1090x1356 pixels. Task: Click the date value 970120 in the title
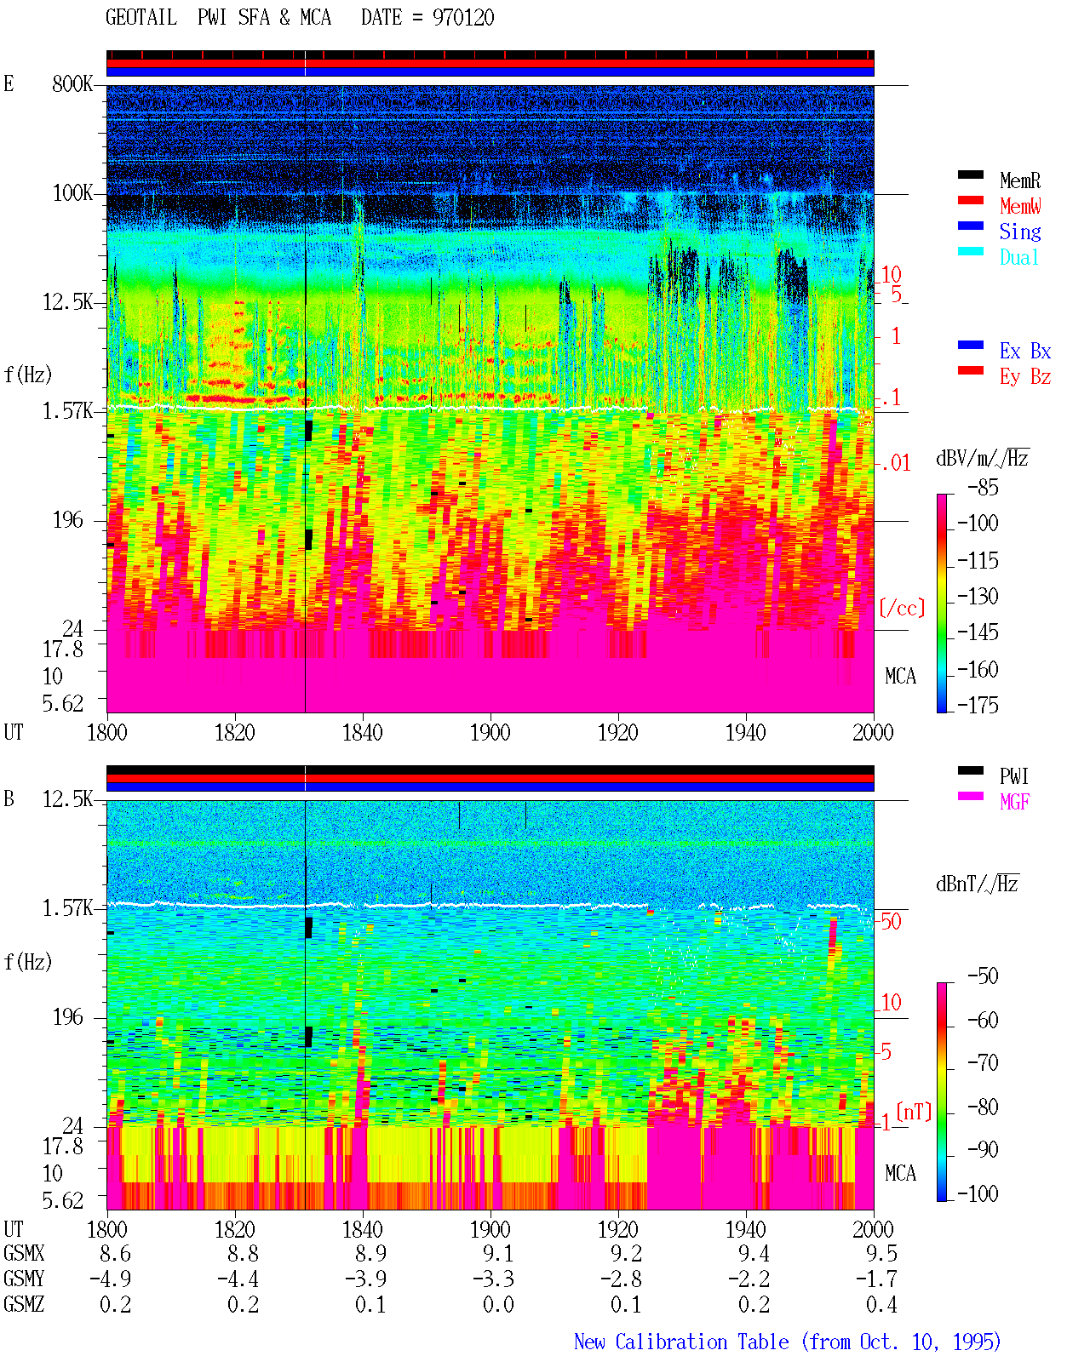[x=462, y=17]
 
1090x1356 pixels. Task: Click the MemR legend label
[x=1019, y=180]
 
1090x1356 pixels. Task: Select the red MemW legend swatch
[x=970, y=200]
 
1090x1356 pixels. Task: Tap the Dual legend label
[x=1018, y=257]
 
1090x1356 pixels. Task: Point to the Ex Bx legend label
[x=1024, y=351]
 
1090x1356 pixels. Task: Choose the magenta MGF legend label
[x=1014, y=802]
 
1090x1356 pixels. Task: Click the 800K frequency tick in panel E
[x=72, y=83]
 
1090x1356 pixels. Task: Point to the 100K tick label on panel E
[x=72, y=193]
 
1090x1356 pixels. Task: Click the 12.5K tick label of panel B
[x=67, y=799]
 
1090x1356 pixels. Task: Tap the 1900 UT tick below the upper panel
[x=490, y=732]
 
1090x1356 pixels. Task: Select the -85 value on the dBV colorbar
[x=983, y=487]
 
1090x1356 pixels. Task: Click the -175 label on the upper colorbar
[x=978, y=705]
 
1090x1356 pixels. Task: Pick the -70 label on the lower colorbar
[x=983, y=1062]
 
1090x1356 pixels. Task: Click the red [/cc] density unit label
[x=902, y=608]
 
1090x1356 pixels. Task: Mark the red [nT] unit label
[x=914, y=1112]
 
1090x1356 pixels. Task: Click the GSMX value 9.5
[x=881, y=1253]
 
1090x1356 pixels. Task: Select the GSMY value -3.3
[x=493, y=1279]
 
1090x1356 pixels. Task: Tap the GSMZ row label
[x=24, y=1304]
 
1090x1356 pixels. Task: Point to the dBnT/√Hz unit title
[x=977, y=884]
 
